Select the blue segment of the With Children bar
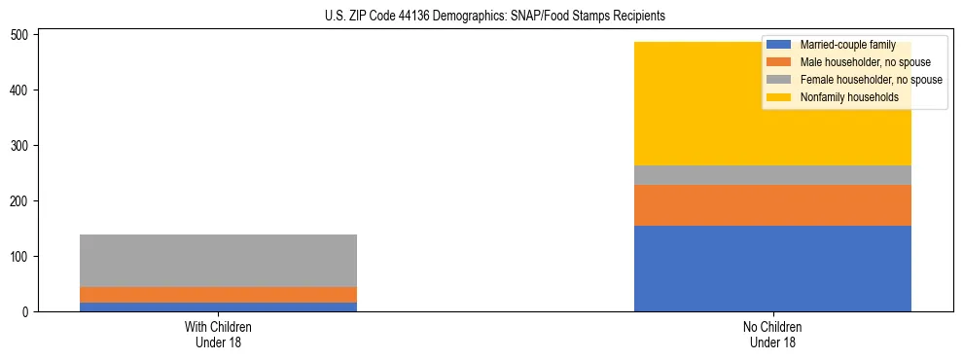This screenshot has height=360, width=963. point(218,306)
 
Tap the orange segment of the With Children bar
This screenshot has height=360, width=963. point(218,295)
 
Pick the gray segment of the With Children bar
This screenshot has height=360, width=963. point(218,261)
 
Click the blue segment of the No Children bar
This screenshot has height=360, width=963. point(772,269)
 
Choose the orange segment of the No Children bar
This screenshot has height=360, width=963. point(772,205)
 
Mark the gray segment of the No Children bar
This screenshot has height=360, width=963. point(772,175)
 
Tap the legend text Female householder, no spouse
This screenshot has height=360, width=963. point(871,80)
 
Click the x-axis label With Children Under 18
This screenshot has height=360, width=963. point(218,335)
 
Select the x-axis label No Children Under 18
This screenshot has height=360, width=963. point(772,335)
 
